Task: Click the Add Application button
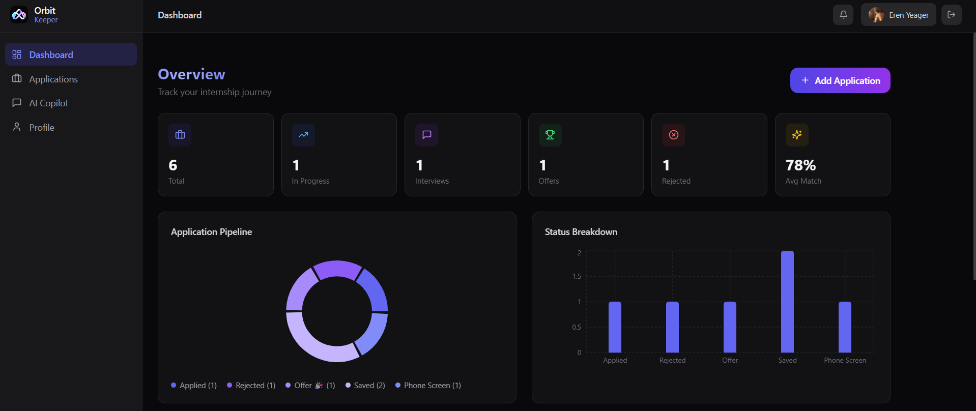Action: pos(840,80)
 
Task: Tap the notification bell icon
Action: pos(843,15)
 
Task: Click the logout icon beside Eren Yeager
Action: pos(952,15)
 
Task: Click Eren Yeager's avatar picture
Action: pos(876,15)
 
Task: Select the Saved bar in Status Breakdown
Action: pos(787,302)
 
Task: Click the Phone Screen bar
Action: pos(845,327)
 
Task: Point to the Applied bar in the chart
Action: pos(615,327)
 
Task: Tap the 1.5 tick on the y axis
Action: pos(577,276)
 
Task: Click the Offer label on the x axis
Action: pos(730,360)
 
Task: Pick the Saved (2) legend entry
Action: pos(365,386)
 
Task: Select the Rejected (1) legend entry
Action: pos(251,386)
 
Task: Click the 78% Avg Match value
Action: pos(800,165)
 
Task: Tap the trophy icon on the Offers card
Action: pos(550,135)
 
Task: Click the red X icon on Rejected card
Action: pos(673,135)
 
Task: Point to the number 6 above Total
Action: pos(173,165)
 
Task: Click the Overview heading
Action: pos(191,74)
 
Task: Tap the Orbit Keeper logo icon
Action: pos(19,15)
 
